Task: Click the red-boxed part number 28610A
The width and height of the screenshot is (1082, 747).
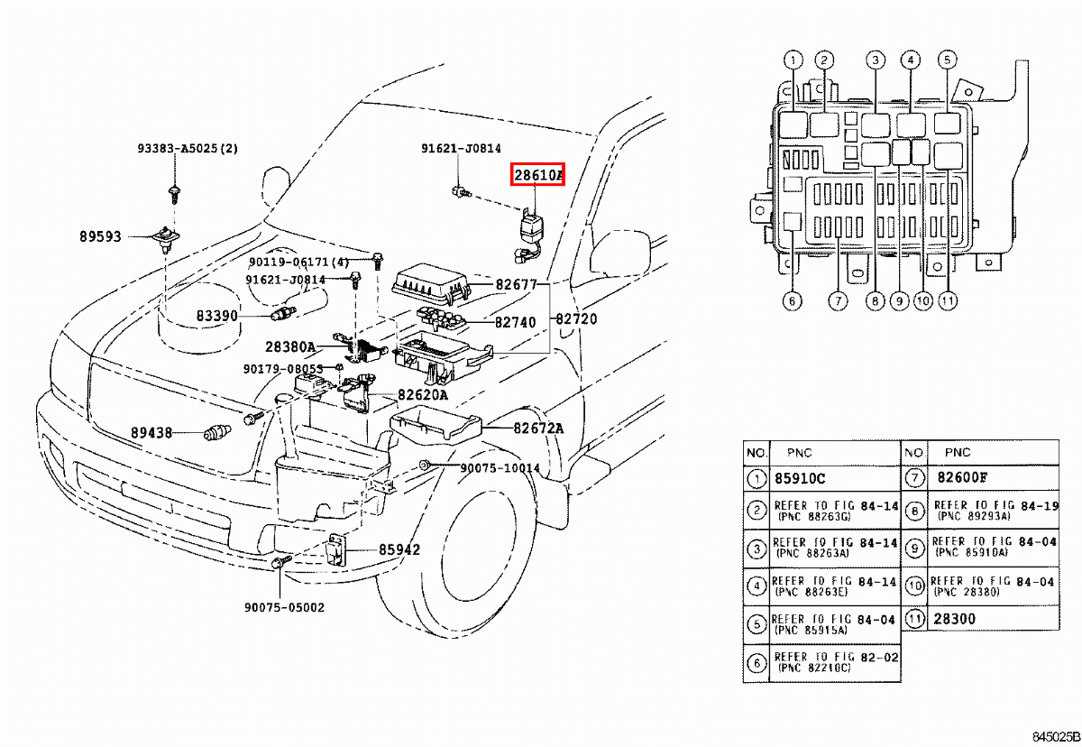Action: [x=537, y=175]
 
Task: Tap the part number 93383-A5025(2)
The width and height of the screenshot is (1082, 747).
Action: [x=187, y=149]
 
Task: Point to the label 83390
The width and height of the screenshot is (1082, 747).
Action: [x=217, y=316]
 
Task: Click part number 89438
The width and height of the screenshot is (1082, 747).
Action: [x=150, y=433]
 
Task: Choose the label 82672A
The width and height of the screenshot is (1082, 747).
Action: [x=537, y=429]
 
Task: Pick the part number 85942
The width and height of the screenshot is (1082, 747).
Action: [x=399, y=549]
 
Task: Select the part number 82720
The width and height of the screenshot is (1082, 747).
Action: [x=575, y=319]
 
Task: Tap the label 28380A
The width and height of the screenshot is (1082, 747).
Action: [x=289, y=346]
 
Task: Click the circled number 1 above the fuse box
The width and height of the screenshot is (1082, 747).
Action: [x=792, y=61]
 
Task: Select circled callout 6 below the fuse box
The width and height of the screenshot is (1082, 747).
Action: [x=792, y=300]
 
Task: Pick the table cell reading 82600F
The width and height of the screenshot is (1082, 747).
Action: [x=963, y=479]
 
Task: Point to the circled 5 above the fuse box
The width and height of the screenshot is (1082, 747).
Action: [x=946, y=61]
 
